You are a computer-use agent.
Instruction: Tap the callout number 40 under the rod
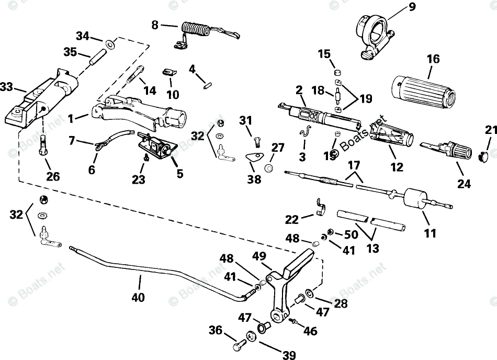pos(138,297)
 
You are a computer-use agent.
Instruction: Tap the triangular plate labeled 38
pos(255,157)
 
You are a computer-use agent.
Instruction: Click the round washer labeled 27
pos(269,168)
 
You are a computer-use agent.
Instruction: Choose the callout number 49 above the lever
pos(259,256)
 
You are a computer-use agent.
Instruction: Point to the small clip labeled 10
pos(170,72)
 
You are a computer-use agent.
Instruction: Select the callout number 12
pos(397,167)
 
